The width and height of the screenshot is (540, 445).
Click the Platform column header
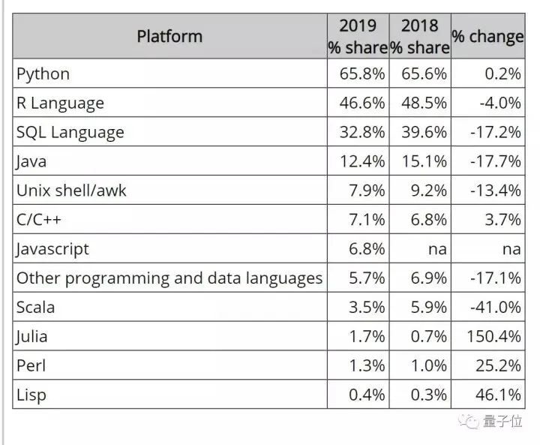[169, 36]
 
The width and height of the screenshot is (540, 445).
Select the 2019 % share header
[358, 36]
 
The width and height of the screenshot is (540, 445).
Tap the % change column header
[487, 36]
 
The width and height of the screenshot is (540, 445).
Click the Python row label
[43, 74]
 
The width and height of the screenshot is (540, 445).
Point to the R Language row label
[60, 103]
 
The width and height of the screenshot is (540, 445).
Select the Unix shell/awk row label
[71, 190]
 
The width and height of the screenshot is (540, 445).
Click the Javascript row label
[52, 248]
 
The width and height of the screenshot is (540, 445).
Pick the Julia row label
[33, 336]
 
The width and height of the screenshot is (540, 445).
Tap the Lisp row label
[31, 395]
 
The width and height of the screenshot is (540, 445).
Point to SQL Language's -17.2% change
[496, 132]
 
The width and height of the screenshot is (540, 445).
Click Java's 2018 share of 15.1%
[424, 161]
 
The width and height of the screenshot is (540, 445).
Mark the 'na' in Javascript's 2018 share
[436, 248]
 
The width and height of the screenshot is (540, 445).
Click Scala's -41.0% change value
[496, 307]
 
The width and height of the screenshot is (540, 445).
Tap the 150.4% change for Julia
[493, 336]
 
